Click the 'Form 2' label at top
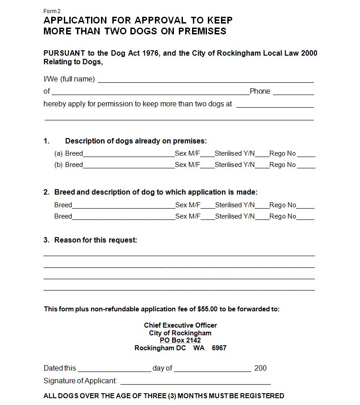[52, 11]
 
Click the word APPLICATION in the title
[75, 20]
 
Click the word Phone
[260, 91]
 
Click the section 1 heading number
[46, 141]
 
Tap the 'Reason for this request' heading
[96, 240]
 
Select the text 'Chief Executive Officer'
[180, 325]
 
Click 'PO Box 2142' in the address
[180, 340]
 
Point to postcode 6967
[219, 348]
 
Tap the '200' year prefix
[260, 368]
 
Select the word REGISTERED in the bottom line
[260, 396]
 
